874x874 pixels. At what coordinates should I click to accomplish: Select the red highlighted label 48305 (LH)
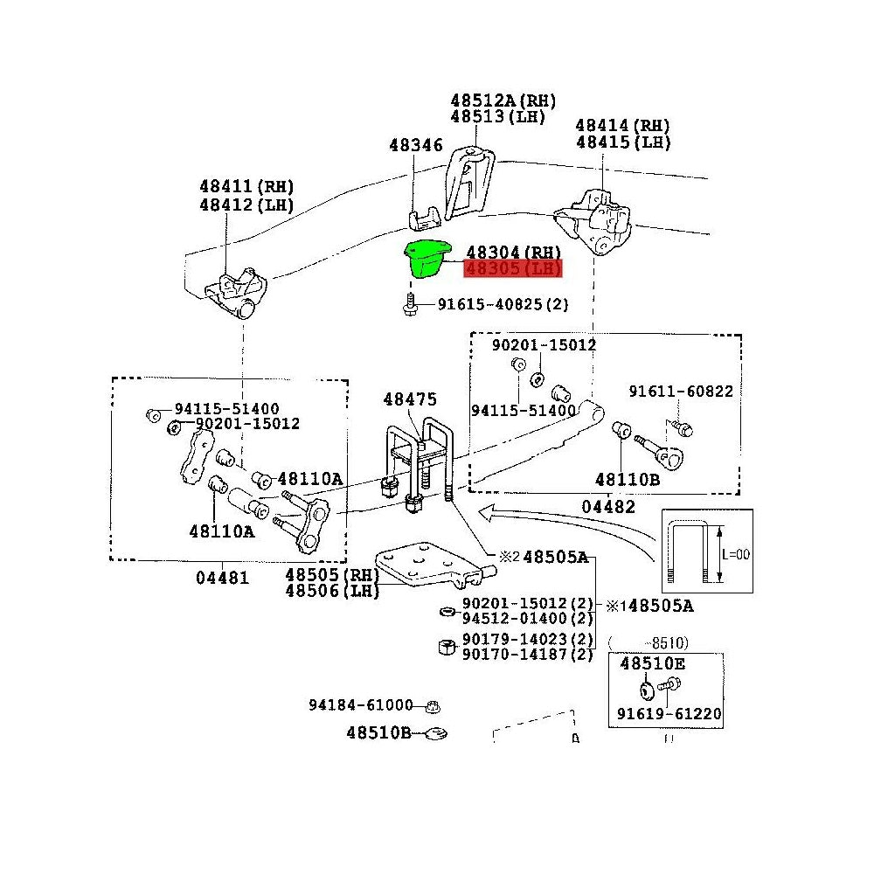click(513, 268)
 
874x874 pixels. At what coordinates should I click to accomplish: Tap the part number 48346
click(416, 145)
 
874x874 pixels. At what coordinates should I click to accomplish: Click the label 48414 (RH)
click(622, 125)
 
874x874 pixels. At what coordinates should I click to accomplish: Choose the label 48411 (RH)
click(246, 186)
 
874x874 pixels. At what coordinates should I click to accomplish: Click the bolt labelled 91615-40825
click(410, 305)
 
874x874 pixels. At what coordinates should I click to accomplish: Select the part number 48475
click(409, 399)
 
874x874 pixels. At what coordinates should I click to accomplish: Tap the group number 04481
click(221, 577)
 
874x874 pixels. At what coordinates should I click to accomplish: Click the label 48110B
click(628, 479)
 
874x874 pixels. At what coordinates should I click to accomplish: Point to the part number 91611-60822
click(681, 392)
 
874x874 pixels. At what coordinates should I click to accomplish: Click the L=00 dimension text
click(737, 554)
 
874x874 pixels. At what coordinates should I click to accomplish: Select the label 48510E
click(653, 663)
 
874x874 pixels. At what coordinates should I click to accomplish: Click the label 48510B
click(378, 732)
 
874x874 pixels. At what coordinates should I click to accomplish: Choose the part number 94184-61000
click(360, 704)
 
